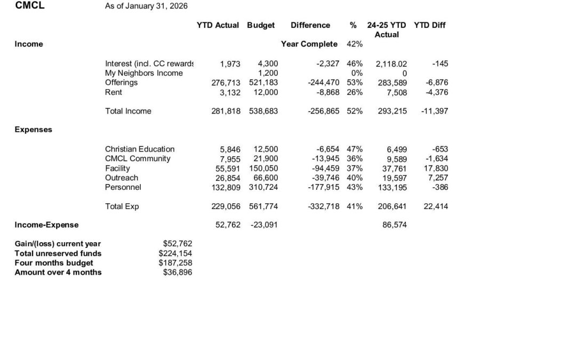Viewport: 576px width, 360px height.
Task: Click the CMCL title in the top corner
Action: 30,5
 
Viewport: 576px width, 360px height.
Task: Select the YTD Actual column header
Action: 218,25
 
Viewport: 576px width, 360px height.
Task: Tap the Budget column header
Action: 261,25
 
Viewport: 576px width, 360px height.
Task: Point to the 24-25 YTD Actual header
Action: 387,29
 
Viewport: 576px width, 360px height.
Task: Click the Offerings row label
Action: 121,83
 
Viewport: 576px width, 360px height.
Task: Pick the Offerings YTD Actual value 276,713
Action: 227,83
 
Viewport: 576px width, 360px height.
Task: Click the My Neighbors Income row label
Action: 143,73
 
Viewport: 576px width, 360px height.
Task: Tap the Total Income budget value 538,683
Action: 263,111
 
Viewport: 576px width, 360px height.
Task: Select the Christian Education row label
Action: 140,149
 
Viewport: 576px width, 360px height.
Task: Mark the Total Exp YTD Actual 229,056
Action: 227,206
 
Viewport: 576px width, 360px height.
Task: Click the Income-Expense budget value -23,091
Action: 264,225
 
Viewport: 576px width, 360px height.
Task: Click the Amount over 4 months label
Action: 58,273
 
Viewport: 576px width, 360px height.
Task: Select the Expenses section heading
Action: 34,130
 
